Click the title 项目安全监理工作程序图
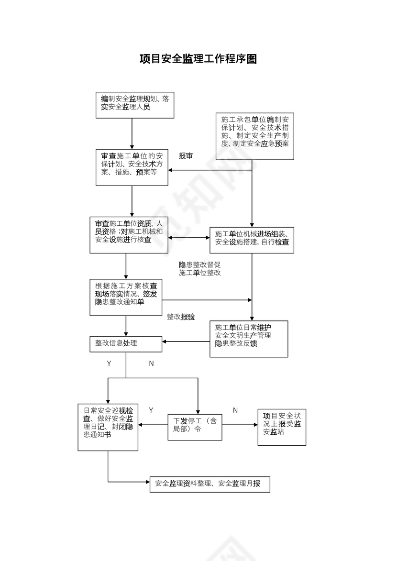[198, 59]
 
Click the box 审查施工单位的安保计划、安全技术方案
[132, 167]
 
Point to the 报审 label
[186, 156]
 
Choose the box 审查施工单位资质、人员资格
[126, 235]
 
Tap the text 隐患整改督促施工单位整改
[199, 269]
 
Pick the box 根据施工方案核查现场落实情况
[126, 297]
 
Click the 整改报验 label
[180, 317]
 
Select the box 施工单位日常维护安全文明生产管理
[249, 339]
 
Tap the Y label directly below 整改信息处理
[109, 363]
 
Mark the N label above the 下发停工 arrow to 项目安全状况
[235, 410]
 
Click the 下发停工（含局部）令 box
[195, 427]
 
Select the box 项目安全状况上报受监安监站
[282, 427]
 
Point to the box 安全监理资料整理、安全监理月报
[210, 484]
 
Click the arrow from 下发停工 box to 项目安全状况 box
[240, 425]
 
